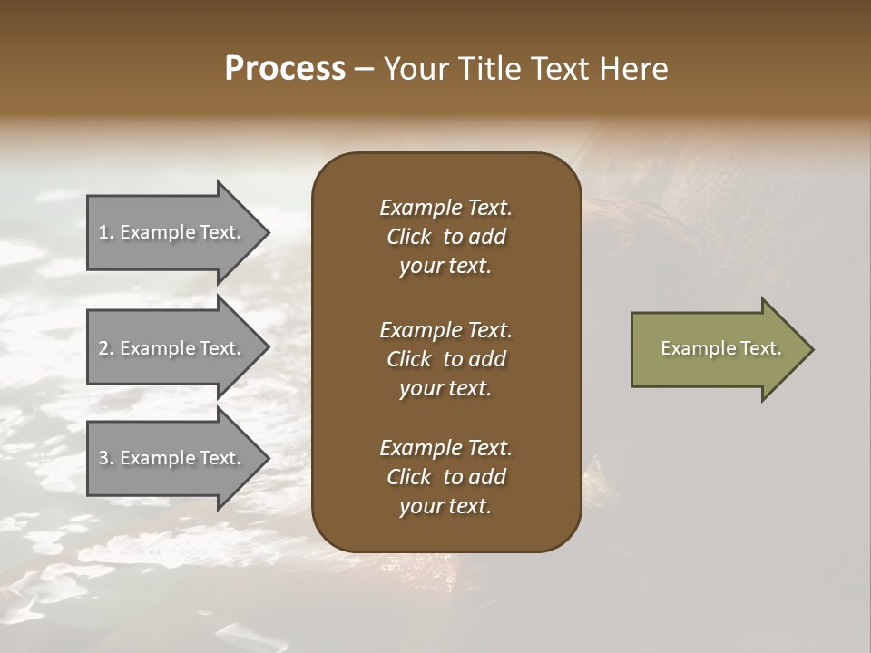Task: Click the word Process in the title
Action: coord(285,69)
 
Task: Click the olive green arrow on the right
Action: coord(717,349)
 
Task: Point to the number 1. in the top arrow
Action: coord(106,232)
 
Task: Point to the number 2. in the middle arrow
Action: coord(106,348)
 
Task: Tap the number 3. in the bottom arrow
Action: coord(106,458)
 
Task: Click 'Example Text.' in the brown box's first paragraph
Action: coord(445,208)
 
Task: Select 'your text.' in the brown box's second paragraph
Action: coord(445,388)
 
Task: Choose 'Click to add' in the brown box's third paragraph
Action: coord(445,477)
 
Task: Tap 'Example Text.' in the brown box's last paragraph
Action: coord(445,448)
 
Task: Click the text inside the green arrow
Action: coord(721,348)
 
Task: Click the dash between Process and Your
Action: coord(364,70)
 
